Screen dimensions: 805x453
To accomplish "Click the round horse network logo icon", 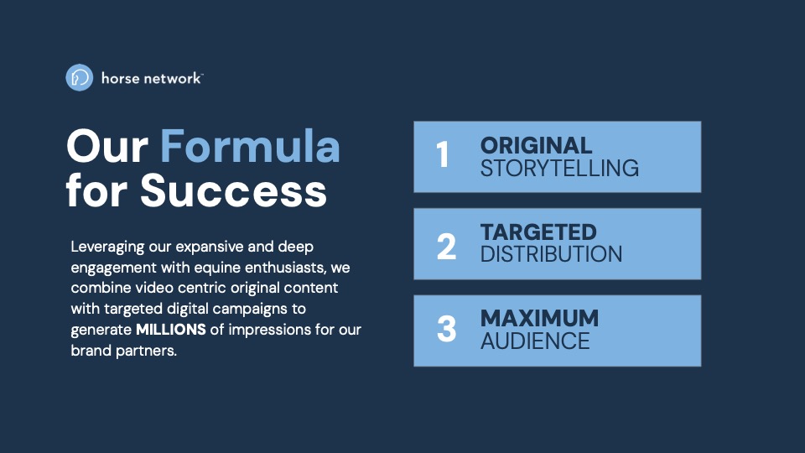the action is point(80,77).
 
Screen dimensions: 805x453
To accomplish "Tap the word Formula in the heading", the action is point(250,146).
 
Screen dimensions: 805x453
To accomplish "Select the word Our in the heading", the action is point(107,146).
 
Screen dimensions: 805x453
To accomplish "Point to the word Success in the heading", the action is point(233,190).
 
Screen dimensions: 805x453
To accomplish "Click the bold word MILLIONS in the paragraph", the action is point(171,329).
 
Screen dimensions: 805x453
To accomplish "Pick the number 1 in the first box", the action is point(443,154).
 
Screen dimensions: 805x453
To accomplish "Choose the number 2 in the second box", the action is point(446,246).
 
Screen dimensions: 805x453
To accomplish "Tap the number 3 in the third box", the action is point(447,329).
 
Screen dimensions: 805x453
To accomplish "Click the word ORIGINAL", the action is point(536,146).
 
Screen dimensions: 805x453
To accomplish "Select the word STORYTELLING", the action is point(559,169).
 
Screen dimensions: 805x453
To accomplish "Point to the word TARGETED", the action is point(538,232).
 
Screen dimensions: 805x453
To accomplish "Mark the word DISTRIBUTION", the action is point(552,254).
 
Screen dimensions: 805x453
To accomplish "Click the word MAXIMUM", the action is point(539,319).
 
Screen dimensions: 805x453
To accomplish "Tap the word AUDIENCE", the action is point(535,341).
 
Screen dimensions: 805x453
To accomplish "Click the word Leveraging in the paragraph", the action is point(108,247).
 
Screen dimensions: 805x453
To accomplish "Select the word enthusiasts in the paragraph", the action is point(285,268).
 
